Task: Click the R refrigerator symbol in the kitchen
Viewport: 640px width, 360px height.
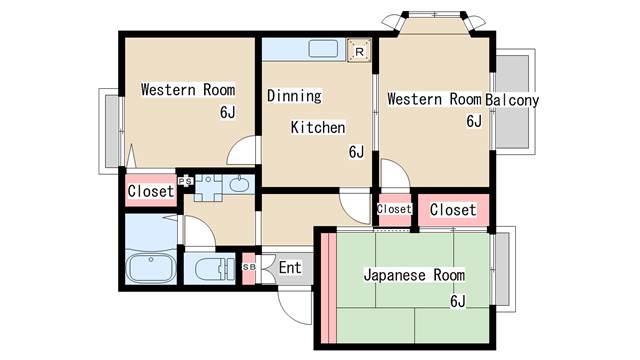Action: pyautogui.click(x=359, y=51)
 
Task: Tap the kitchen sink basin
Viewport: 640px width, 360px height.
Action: pyautogui.click(x=323, y=49)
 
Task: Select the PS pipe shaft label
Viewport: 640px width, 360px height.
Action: pyautogui.click(x=185, y=181)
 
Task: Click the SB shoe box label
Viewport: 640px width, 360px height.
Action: pyautogui.click(x=249, y=267)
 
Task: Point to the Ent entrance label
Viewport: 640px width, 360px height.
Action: pyautogui.click(x=290, y=268)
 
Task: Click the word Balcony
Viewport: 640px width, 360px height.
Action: pyautogui.click(x=512, y=100)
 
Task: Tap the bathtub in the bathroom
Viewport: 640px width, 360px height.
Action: pyautogui.click(x=151, y=268)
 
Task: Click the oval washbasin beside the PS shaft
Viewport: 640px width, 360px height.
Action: pyautogui.click(x=239, y=184)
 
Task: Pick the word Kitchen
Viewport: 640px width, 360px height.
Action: pyautogui.click(x=318, y=127)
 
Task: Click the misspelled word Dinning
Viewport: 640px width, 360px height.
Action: pyautogui.click(x=294, y=96)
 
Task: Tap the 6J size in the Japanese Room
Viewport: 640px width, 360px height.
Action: pyautogui.click(x=458, y=301)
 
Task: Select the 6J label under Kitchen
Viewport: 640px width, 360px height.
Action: pyautogui.click(x=356, y=152)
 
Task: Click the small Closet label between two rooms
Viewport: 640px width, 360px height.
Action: pyautogui.click(x=394, y=209)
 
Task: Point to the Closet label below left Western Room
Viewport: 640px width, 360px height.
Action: pyautogui.click(x=151, y=191)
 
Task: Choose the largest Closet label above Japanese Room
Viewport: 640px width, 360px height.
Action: pyautogui.click(x=453, y=210)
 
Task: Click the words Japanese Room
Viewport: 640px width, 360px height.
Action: pyautogui.click(x=414, y=275)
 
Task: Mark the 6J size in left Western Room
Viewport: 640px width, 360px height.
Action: pyautogui.click(x=228, y=112)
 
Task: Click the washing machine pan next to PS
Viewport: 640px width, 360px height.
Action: pyautogui.click(x=208, y=188)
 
